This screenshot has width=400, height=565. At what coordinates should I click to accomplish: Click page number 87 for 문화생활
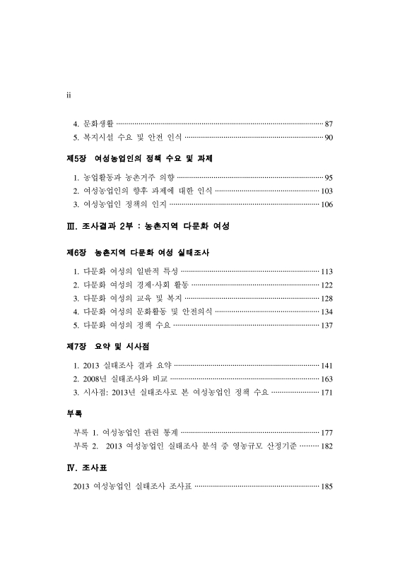pos(329,124)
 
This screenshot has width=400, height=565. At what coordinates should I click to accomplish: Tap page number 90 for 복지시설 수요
pos(329,137)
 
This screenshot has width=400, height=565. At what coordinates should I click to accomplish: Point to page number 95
pos(329,177)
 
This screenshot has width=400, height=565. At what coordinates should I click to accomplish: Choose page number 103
pos(327,191)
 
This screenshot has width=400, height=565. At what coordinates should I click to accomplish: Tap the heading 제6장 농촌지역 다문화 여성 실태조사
pos(139,251)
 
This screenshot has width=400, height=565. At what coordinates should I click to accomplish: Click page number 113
pos(327,272)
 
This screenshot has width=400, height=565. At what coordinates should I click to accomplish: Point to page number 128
pos(327,299)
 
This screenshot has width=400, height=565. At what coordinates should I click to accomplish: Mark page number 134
pos(327,312)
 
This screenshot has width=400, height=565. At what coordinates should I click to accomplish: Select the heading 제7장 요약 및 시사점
pos(107,347)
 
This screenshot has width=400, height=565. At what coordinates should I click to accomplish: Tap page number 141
pos(327,366)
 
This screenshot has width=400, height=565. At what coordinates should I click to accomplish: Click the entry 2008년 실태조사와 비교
pos(117,379)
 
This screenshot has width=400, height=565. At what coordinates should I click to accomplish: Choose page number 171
pos(327,393)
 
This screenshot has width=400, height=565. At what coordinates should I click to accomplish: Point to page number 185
pos(327,487)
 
